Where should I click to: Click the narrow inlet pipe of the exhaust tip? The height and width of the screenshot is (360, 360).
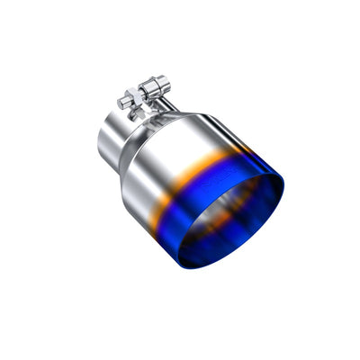[x=112, y=135]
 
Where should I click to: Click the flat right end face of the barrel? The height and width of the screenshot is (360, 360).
[x=167, y=85]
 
